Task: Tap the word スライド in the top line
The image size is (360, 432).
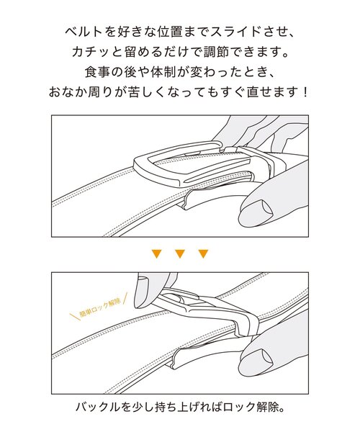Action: pyautogui.click(x=230, y=34)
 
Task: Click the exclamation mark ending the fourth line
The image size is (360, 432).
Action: pyautogui.click(x=304, y=93)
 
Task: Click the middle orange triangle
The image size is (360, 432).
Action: pyautogui.click(x=180, y=253)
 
